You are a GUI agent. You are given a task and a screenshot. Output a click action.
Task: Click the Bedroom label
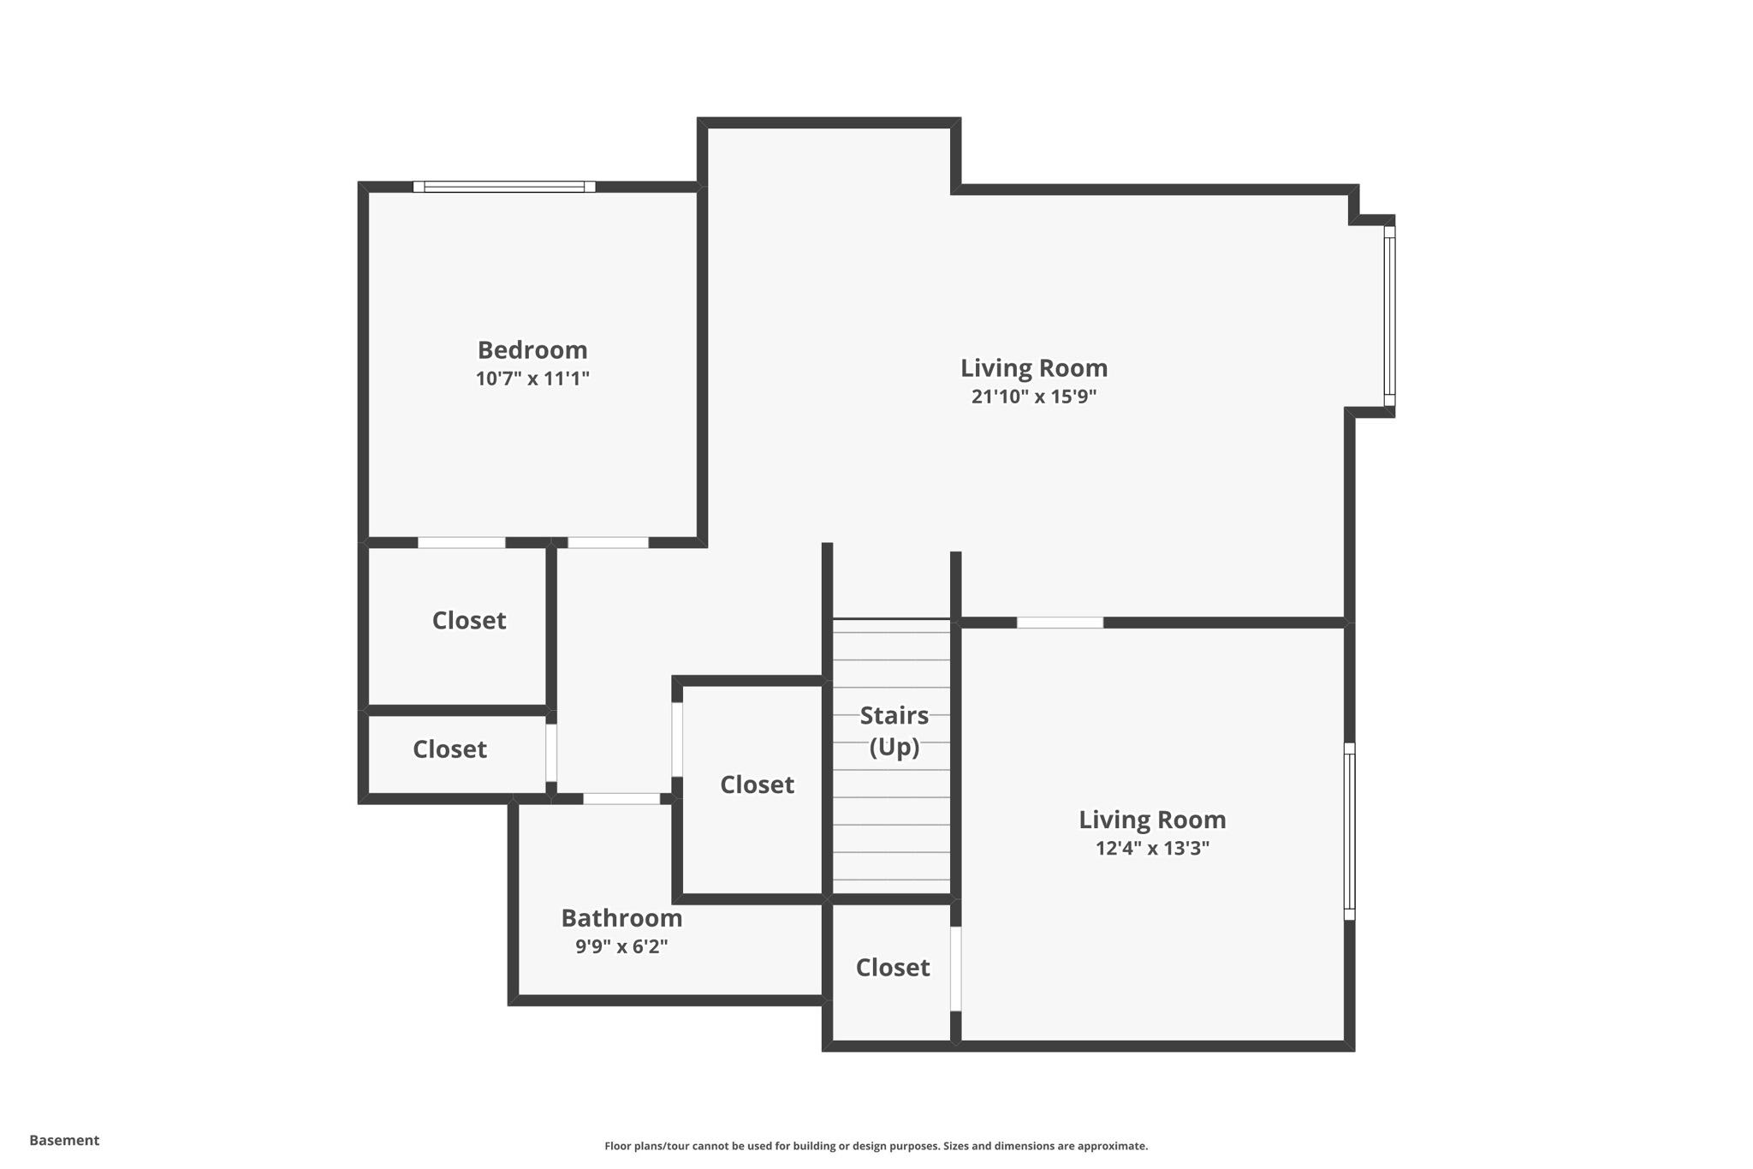532,349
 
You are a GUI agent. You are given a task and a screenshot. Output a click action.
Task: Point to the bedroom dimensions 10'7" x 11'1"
532,379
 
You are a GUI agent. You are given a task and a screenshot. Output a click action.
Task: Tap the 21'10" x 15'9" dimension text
1033,397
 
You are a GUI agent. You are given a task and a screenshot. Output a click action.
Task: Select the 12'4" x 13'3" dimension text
1151,848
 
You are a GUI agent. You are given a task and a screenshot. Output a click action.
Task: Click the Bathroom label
621,918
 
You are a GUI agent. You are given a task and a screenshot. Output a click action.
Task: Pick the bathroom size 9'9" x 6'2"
621,946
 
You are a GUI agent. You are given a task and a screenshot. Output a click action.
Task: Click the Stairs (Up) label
894,731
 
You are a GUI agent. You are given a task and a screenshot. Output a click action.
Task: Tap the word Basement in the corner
64,1140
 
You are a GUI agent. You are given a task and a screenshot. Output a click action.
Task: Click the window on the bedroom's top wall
504,187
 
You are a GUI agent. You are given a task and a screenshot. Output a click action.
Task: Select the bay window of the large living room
1389,316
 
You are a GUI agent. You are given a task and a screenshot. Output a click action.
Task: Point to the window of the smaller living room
1349,831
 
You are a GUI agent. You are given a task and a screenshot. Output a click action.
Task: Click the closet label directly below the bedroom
468,620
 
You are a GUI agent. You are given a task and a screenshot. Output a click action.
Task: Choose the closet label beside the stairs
757,784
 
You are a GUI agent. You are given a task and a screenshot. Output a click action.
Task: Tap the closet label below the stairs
892,967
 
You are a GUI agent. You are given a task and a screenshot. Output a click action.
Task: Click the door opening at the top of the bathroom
621,798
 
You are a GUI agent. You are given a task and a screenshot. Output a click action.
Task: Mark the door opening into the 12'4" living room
1060,623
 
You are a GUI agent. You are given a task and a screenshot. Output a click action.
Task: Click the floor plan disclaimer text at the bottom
876,1146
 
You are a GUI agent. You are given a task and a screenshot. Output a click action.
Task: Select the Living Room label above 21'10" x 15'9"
1033,367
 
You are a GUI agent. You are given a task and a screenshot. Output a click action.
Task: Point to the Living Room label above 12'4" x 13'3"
1151,820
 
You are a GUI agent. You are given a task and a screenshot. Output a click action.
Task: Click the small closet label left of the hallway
449,749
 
